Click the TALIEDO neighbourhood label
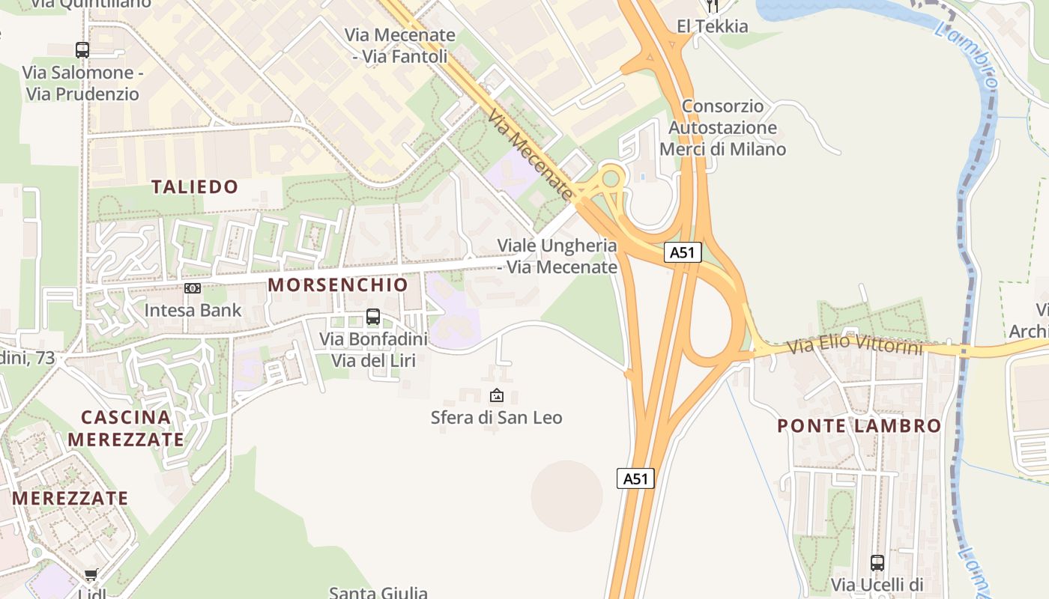[x=195, y=186]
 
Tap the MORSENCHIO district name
[x=338, y=285]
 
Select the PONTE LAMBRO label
[x=859, y=426]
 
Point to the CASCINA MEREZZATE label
[x=126, y=428]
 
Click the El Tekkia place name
[x=712, y=26]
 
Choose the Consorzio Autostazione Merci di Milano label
[x=723, y=128]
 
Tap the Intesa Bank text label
[x=193, y=310]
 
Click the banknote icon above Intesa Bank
[x=193, y=288]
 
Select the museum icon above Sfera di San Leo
[x=496, y=395]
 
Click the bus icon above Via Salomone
[x=82, y=50]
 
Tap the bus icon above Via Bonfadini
[x=373, y=317]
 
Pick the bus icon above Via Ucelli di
[x=877, y=562]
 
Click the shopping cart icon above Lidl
[x=91, y=575]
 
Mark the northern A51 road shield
[x=683, y=252]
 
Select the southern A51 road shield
[x=635, y=478]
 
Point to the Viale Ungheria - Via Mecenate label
[x=557, y=256]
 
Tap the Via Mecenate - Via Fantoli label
[x=400, y=46]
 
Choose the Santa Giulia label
[x=378, y=592]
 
